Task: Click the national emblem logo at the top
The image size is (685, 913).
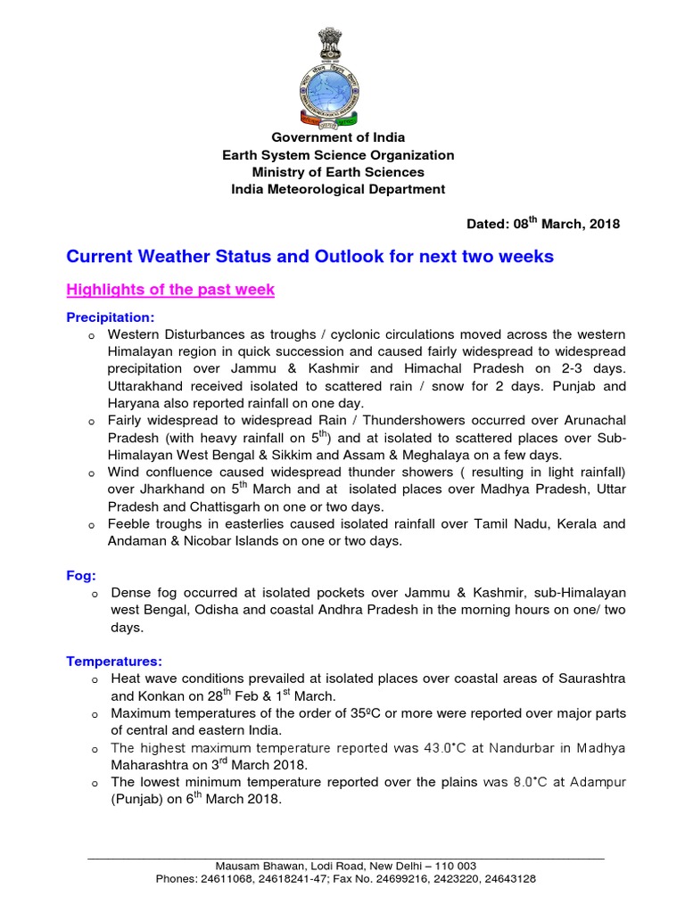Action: (x=338, y=78)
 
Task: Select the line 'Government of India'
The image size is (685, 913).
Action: (x=338, y=137)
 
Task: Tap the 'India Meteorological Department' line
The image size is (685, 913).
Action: (x=338, y=189)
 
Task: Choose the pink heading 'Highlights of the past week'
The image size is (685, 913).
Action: (x=170, y=290)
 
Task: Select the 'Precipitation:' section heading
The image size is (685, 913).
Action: (x=111, y=317)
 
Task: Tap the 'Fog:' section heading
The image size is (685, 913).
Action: (x=81, y=576)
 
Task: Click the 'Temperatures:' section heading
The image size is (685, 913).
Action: (x=114, y=661)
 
